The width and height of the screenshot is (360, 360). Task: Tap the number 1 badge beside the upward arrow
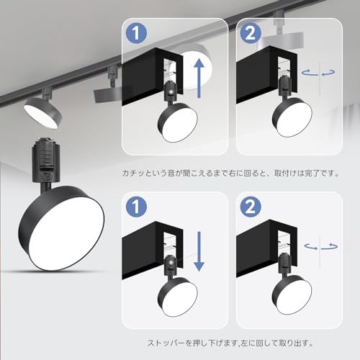[x=137, y=34]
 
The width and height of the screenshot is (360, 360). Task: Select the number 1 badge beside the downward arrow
[x=137, y=206]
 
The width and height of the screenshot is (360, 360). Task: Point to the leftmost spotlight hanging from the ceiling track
[x=42, y=107]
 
